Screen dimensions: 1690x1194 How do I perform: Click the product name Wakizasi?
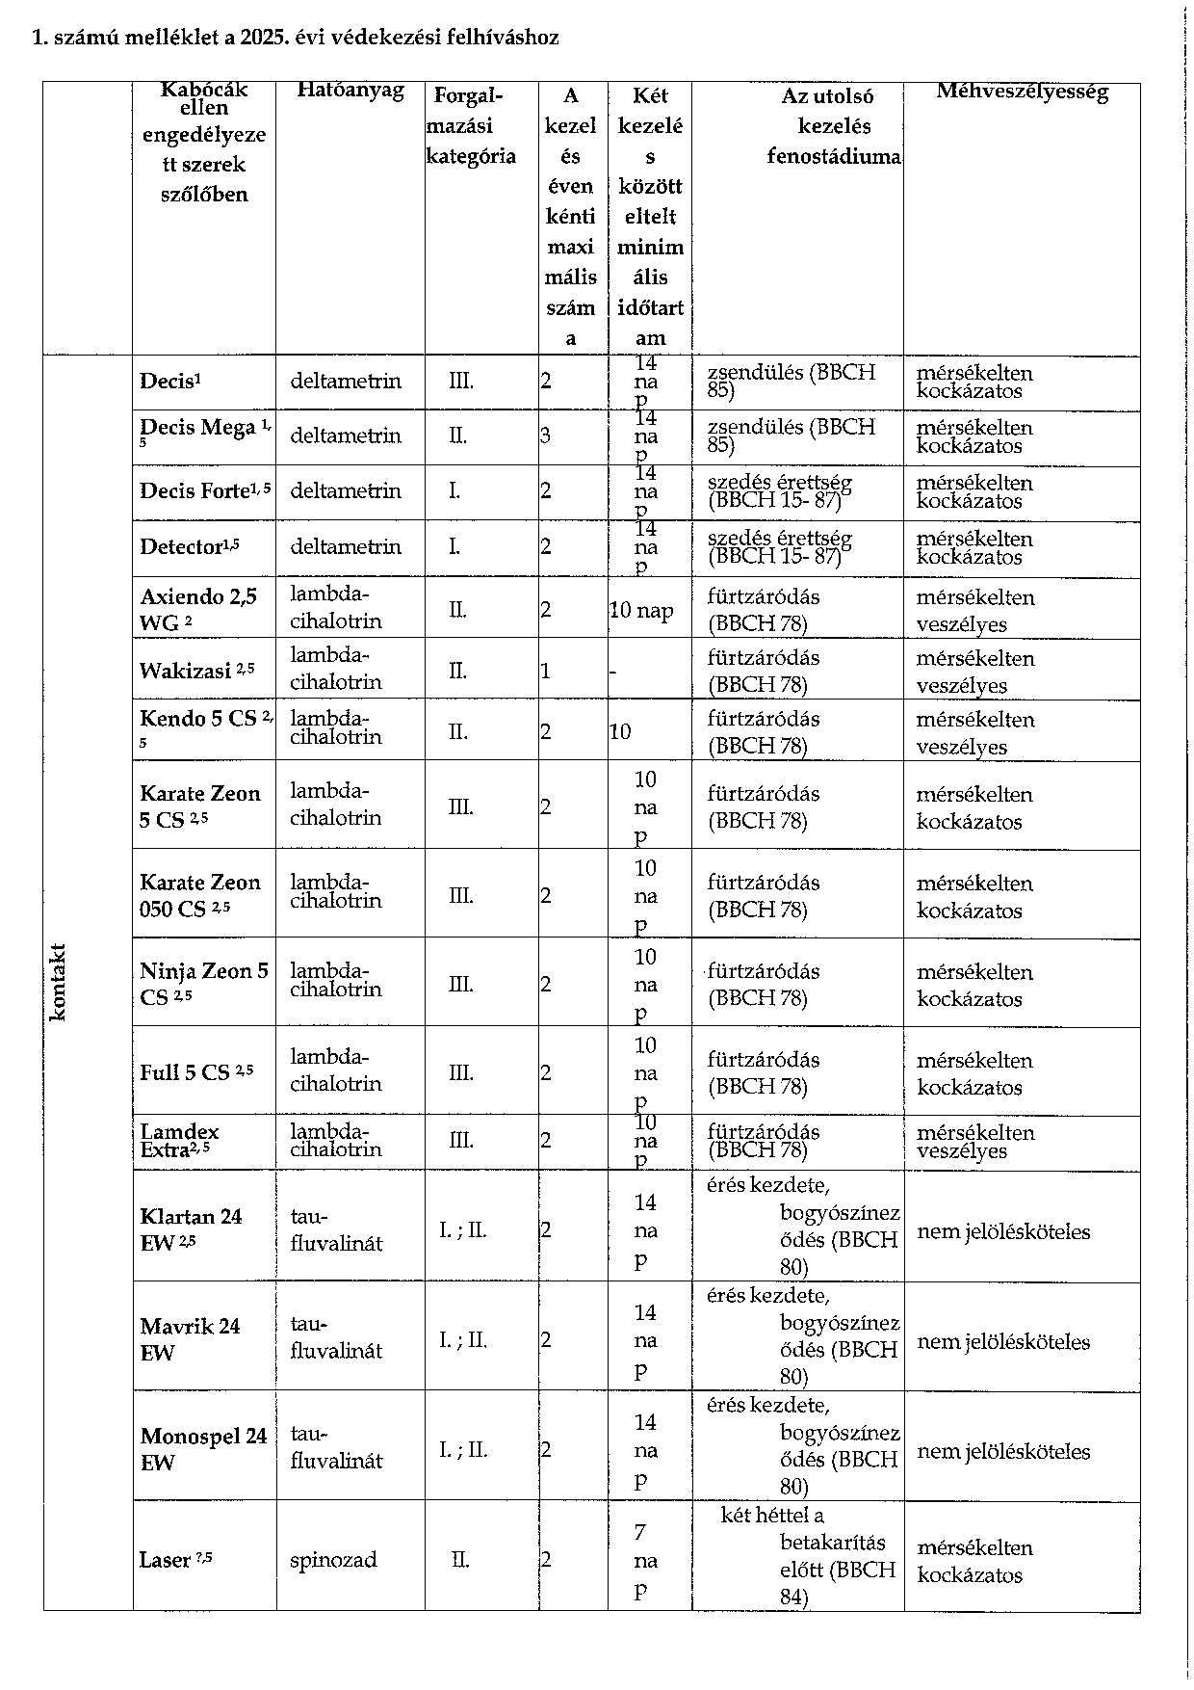186,671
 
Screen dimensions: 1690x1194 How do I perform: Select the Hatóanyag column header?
350,91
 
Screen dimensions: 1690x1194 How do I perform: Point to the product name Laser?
165,1560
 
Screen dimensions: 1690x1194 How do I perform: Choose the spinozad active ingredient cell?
333,1560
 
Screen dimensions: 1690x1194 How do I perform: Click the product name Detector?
181,547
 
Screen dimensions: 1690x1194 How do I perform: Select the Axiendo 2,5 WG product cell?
198,609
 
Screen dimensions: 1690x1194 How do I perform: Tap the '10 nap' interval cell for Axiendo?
641,610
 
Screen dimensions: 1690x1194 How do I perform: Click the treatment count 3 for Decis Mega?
545,436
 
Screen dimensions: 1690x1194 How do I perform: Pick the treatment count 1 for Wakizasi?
545,671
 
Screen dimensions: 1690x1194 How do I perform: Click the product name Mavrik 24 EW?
190,1339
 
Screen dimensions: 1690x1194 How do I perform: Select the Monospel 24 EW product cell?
202,1449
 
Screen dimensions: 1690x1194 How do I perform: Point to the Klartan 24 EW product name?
190,1228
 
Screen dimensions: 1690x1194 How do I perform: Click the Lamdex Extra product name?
179,1140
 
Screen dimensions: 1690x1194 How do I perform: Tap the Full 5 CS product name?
185,1072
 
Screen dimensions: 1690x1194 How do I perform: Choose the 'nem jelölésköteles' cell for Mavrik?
1003,1341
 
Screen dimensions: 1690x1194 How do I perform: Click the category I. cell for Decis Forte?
454,491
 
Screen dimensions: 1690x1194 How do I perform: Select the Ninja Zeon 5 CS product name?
203,983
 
